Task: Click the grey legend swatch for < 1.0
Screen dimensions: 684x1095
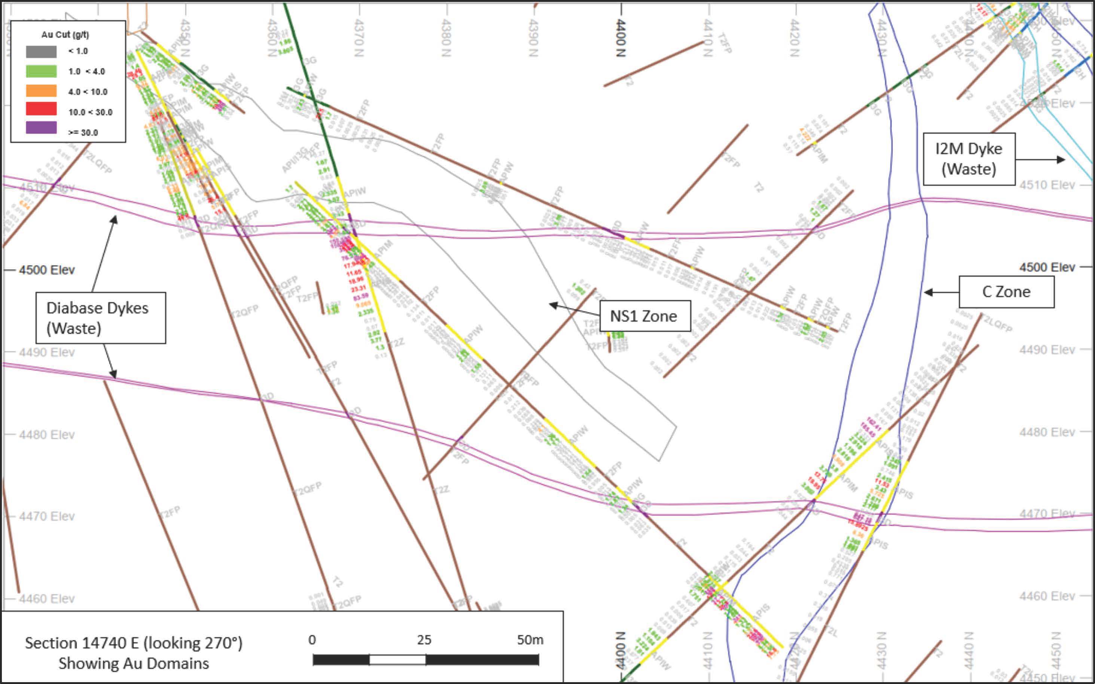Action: pos(41,52)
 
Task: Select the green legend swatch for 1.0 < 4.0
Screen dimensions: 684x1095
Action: pos(41,71)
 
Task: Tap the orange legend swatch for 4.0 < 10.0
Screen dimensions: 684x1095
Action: pos(41,91)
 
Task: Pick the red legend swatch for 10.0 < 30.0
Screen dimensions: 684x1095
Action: pos(41,109)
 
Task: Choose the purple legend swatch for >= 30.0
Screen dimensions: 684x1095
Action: pos(41,128)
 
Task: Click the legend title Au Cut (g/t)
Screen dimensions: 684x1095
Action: pos(65,35)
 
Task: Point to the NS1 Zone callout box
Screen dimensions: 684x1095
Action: pos(644,316)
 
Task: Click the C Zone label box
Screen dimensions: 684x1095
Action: pos(1006,292)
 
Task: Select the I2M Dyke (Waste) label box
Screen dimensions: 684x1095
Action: pos(969,159)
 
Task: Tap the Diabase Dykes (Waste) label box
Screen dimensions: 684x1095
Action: pos(100,318)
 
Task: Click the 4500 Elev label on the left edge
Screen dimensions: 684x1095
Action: pos(47,270)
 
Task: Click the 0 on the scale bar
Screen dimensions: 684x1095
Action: pos(312,640)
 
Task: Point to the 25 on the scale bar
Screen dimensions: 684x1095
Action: pos(424,640)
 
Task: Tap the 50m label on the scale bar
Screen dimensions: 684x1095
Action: pos(530,640)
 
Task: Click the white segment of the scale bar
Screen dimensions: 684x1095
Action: pos(397,660)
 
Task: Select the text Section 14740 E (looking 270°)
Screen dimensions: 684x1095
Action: pos(134,643)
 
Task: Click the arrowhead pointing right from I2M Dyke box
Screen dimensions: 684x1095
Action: pos(1061,159)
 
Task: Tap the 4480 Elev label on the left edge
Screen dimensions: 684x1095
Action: pos(47,435)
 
